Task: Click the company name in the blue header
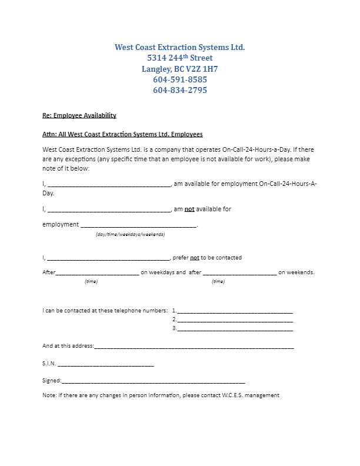(179, 46)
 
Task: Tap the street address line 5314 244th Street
(179, 58)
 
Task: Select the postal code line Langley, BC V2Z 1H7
(179, 69)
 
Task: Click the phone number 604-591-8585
(179, 79)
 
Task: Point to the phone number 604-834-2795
(179, 91)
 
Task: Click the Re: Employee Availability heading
(79, 115)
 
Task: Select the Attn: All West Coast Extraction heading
(122, 134)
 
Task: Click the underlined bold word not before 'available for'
(190, 209)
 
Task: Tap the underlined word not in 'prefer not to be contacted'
(195, 258)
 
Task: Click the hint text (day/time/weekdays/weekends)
(130, 234)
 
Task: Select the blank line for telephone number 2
(235, 321)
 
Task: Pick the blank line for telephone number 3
(235, 329)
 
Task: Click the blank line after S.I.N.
(106, 365)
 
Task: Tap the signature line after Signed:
(153, 382)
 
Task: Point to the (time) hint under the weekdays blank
(91, 282)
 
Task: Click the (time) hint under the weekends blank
(218, 282)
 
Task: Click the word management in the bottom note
(264, 395)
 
